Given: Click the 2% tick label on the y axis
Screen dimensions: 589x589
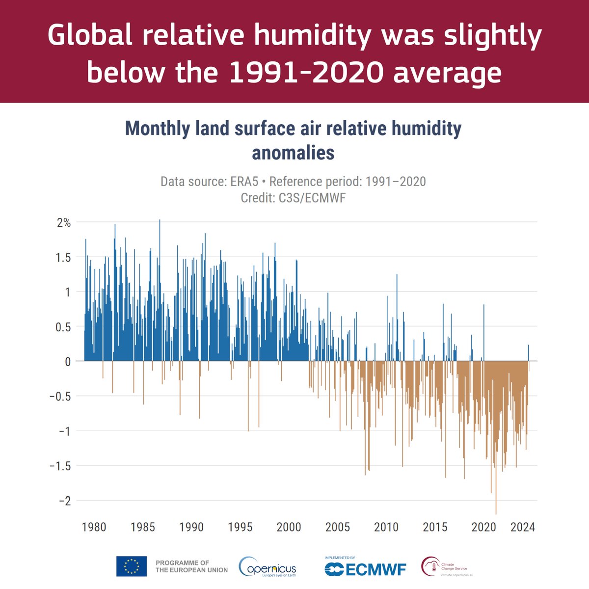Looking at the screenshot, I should coord(64,222).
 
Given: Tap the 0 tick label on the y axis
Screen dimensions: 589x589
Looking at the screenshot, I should coord(67,361).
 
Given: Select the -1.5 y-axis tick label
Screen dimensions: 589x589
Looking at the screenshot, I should coord(60,466).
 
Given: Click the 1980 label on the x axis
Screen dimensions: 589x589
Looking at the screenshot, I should coord(94,527).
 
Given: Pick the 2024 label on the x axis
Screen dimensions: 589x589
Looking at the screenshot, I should coord(522,527).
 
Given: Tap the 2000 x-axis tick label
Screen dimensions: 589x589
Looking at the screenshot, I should coord(289,527).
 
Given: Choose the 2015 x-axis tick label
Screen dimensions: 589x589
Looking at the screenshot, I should coord(435,527).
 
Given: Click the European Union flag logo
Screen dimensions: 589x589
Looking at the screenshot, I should coord(131,566).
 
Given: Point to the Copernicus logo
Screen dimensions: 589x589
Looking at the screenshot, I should coord(268,567).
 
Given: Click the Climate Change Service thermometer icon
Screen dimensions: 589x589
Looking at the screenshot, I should coord(429,566).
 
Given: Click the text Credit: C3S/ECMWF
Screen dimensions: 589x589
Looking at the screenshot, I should coord(293,198).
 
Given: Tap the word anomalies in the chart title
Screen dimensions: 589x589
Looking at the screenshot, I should coord(293,153).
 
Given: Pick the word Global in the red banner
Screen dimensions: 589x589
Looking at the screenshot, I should coord(90,35).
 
